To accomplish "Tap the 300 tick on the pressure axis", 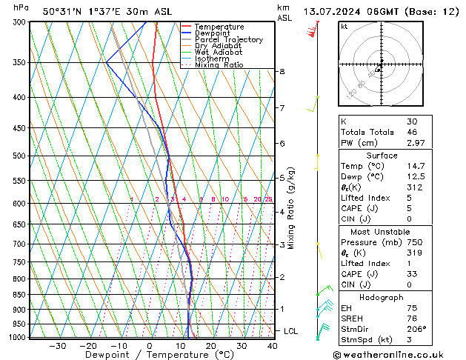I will pyautogui.click(x=18, y=22).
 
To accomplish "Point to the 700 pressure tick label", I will pyautogui.click(x=18, y=244).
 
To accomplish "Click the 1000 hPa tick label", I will pyautogui.click(x=16, y=337).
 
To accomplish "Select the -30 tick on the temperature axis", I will pyautogui.click(x=57, y=346).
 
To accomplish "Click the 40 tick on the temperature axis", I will pyautogui.click(x=272, y=346).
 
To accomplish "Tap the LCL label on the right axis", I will pyautogui.click(x=290, y=331).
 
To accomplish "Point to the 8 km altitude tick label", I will pyautogui.click(x=282, y=71).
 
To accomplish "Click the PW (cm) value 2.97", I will pyautogui.click(x=415, y=143).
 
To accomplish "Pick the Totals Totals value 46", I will pyautogui.click(x=412, y=132).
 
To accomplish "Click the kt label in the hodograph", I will pyautogui.click(x=344, y=26).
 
